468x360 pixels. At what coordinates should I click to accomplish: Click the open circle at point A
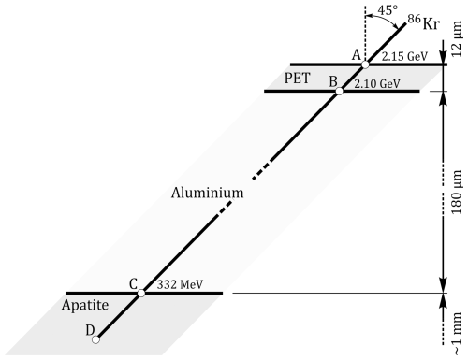point(365,65)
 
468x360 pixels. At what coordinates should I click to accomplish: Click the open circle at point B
point(339,92)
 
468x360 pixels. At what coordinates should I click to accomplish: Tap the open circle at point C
point(141,293)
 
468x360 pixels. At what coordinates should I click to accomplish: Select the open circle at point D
point(95,339)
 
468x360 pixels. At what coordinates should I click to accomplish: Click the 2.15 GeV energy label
point(404,56)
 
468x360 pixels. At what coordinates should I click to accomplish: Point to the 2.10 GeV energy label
point(377,83)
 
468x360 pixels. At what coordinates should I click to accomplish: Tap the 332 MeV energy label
point(180,284)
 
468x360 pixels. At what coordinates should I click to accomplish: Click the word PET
point(297,78)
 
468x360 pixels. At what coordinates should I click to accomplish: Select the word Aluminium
point(207,193)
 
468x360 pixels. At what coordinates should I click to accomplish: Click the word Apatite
point(85,305)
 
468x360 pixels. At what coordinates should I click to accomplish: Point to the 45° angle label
point(388,10)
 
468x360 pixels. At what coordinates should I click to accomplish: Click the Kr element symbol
point(431,23)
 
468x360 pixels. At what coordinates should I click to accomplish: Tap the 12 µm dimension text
point(456,39)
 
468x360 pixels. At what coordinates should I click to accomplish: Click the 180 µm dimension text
point(456,192)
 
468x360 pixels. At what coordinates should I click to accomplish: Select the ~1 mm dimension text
point(456,334)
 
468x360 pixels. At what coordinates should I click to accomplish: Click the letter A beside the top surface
point(357,55)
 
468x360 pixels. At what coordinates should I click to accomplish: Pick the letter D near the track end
point(90,330)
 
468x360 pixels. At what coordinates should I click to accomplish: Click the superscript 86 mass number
point(414,19)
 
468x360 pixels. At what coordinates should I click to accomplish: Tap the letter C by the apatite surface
point(133,284)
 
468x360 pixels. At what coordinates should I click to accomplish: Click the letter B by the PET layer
point(333,81)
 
